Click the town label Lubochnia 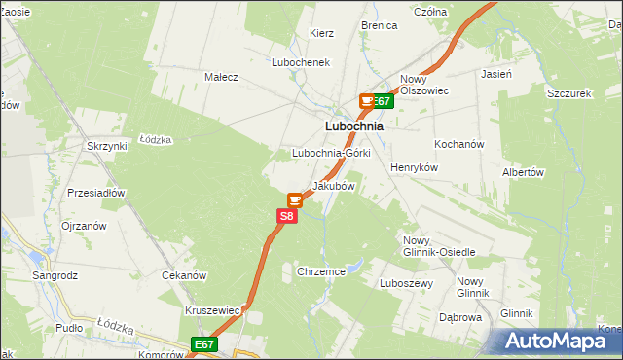(352, 126)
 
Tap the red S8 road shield (286, 217)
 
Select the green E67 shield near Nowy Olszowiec (382, 100)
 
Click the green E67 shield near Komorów (202, 344)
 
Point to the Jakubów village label (332, 186)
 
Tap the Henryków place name (415, 167)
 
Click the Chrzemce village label (321, 272)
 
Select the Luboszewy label (406, 283)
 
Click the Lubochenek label (302, 62)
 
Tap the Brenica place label (379, 25)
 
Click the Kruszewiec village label (212, 310)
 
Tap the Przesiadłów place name (96, 193)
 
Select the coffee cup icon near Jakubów (294, 199)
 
